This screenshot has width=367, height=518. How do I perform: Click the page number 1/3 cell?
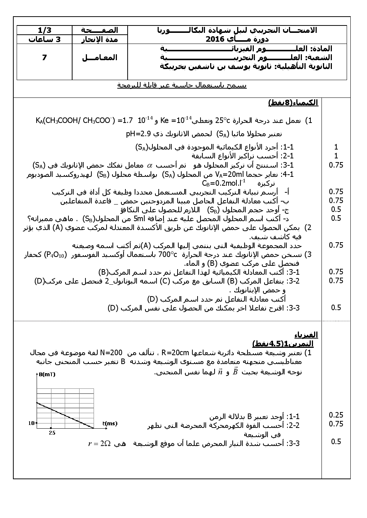click(x=44, y=30)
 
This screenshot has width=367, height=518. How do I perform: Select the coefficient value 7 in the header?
click(x=44, y=58)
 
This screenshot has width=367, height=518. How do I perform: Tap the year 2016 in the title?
click(x=215, y=39)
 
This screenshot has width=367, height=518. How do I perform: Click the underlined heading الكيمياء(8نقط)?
click(x=293, y=103)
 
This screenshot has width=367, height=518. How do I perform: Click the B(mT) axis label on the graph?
click(x=47, y=374)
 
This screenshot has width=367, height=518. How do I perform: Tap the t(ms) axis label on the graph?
click(x=110, y=423)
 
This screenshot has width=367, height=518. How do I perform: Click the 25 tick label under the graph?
click(x=52, y=432)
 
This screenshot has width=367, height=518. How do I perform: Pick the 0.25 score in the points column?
click(x=336, y=415)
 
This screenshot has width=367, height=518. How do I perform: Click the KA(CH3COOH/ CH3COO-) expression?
click(x=74, y=120)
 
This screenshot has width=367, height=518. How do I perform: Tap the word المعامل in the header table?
click(x=100, y=58)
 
